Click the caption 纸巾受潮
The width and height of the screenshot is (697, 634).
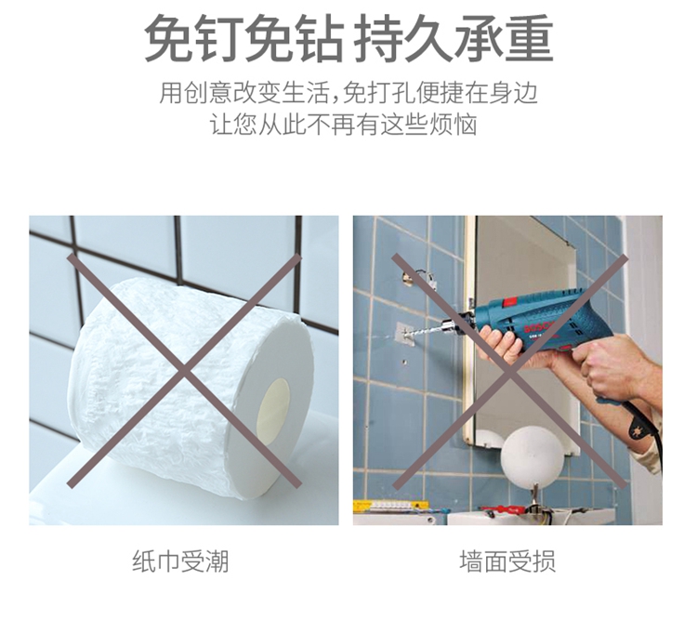(180, 561)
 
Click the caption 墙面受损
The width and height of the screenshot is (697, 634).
(507, 561)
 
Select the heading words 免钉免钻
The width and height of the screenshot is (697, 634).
(244, 38)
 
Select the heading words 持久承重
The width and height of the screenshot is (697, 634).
(454, 38)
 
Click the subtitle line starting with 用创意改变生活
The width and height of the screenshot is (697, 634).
(348, 92)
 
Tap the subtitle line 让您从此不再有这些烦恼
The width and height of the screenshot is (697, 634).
(344, 124)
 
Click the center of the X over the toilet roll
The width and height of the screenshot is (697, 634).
(184, 371)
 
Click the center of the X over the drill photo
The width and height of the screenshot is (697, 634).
(510, 372)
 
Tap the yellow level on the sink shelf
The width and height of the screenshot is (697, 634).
(391, 506)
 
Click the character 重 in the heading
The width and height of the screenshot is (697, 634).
(529, 38)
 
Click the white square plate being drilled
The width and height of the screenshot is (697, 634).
(405, 335)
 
